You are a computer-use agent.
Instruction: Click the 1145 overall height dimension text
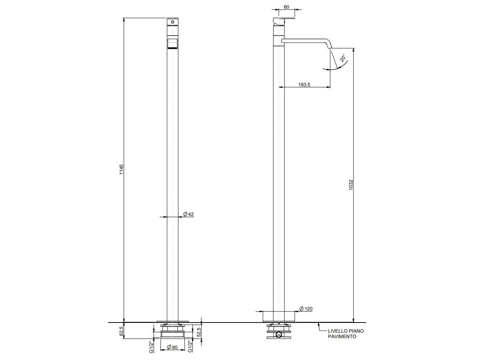[x=121, y=169]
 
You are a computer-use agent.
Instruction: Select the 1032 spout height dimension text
[x=351, y=185]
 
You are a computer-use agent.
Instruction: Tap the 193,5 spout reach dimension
[x=304, y=84]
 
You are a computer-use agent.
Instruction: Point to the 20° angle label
[x=343, y=58]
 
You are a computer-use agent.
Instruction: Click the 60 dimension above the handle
[x=286, y=7]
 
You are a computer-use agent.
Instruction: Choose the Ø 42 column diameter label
[x=188, y=214]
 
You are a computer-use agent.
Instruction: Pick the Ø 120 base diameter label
[x=306, y=308]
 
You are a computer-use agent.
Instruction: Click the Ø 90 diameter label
[x=172, y=347]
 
